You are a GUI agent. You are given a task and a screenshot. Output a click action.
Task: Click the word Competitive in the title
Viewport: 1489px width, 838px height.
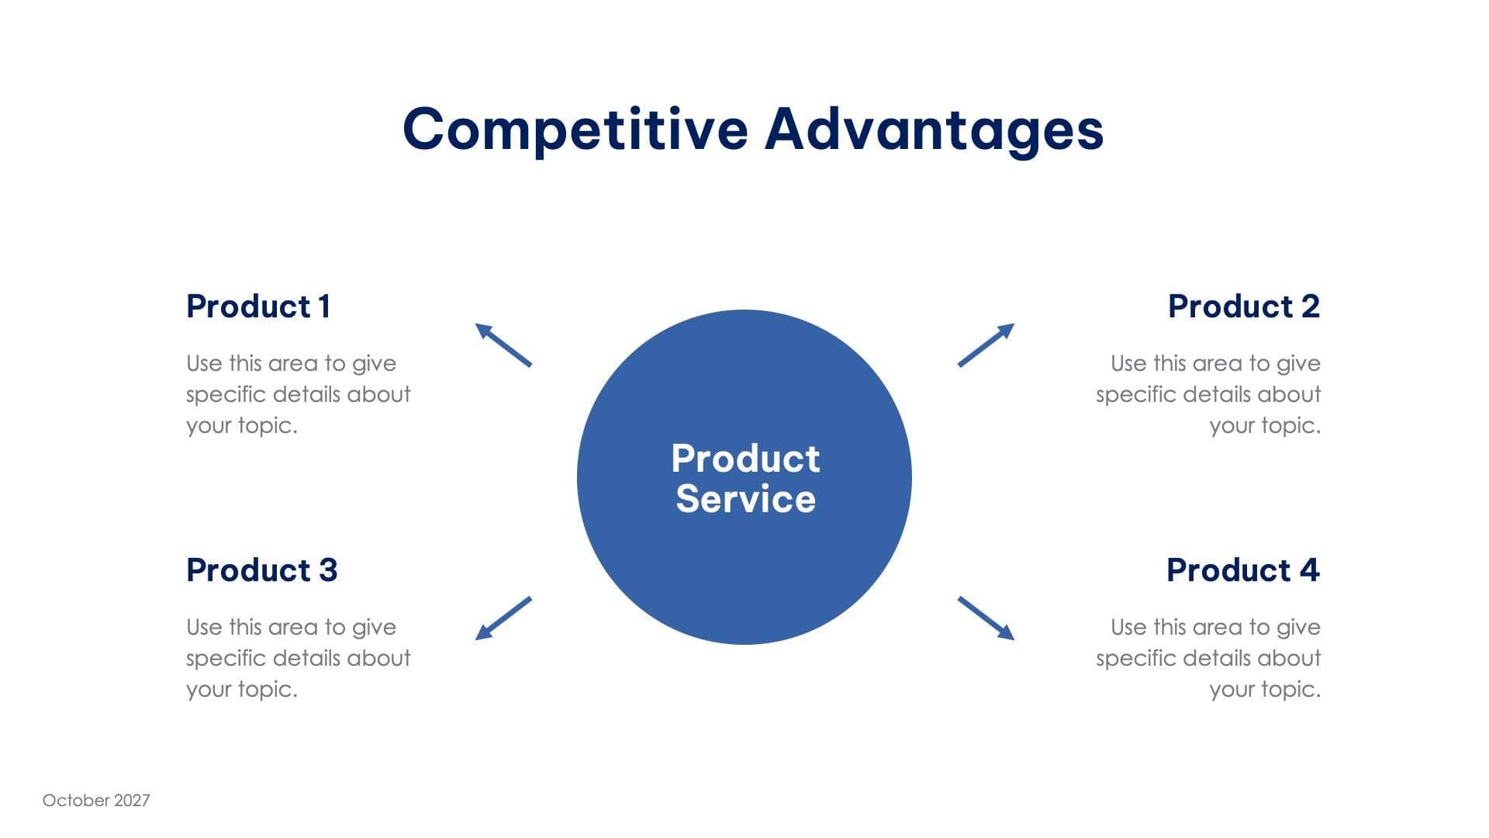575,129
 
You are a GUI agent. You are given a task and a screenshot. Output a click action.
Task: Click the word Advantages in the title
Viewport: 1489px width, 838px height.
934,129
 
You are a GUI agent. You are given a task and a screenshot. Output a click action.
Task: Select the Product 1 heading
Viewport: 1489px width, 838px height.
258,306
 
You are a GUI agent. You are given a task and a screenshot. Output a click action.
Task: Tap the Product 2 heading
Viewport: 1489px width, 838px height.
1243,306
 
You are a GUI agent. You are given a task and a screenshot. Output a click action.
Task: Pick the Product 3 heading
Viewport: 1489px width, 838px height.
261,570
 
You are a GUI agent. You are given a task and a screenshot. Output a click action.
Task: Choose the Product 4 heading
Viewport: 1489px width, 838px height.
1242,570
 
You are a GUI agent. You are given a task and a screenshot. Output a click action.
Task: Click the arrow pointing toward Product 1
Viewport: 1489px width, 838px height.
503,345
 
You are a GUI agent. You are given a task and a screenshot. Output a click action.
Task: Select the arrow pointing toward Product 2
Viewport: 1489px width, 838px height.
986,345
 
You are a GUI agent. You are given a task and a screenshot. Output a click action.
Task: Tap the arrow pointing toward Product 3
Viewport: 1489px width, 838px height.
503,618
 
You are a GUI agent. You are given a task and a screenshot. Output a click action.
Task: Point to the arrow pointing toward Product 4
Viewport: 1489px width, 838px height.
986,618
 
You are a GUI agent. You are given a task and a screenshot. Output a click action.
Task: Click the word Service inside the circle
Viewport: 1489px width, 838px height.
745,499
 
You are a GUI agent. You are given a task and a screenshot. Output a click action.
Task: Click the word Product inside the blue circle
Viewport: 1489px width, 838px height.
745,459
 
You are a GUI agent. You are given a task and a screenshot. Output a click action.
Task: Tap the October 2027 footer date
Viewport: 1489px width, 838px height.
96,801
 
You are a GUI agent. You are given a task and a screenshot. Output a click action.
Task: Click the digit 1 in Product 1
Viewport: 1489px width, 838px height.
325,306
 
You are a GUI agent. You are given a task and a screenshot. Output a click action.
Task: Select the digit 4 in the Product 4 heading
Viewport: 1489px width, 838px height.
1309,570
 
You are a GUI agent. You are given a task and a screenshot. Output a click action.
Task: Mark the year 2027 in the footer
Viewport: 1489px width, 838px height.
132,801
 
